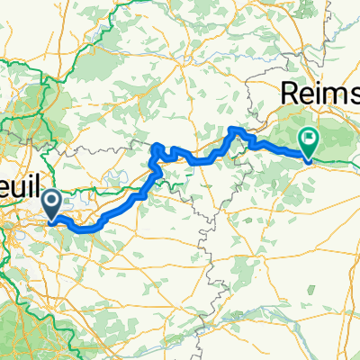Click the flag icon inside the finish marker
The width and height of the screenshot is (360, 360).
click(x=309, y=139)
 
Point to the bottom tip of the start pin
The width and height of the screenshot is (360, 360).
click(x=54, y=220)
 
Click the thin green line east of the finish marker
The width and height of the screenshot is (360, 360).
click(x=337, y=162)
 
